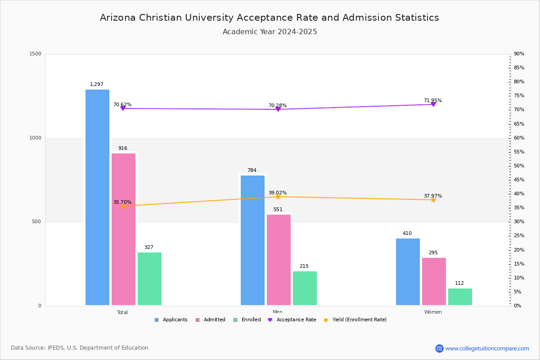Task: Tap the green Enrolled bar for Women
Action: tap(460, 297)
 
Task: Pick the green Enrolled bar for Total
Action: tap(149, 279)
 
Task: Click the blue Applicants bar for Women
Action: tap(408, 272)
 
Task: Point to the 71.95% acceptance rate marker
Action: tap(433, 104)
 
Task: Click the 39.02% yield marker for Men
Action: tap(278, 197)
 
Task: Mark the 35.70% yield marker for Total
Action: tap(122, 206)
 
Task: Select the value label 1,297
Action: tap(97, 85)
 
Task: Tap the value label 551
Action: tap(278, 210)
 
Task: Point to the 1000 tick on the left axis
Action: tap(36, 138)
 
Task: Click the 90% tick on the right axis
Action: tap(519, 54)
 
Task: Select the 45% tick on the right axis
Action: tap(519, 180)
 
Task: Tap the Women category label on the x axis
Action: tap(433, 312)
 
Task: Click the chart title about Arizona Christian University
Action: tap(270, 18)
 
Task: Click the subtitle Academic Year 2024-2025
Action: tap(270, 32)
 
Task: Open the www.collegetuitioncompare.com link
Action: tap(487, 348)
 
